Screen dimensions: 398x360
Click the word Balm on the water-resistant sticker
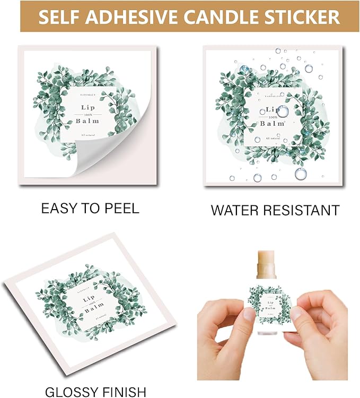click(x=274, y=123)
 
